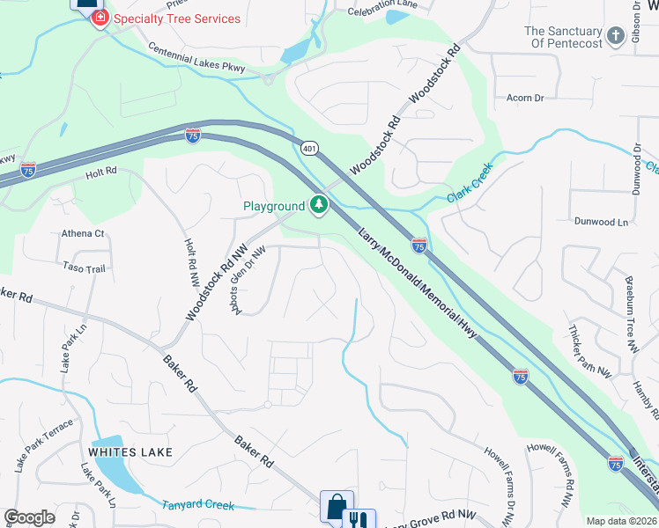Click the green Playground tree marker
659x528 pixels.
click(x=319, y=206)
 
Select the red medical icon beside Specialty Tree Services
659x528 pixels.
click(x=100, y=18)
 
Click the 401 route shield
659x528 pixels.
click(x=307, y=149)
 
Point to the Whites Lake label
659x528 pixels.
click(x=130, y=452)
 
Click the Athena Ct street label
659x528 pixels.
click(x=83, y=234)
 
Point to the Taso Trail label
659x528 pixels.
click(x=84, y=266)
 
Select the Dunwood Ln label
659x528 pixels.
click(x=604, y=223)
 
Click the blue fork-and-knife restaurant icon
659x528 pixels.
click(x=359, y=520)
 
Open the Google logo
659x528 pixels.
click(x=30, y=517)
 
